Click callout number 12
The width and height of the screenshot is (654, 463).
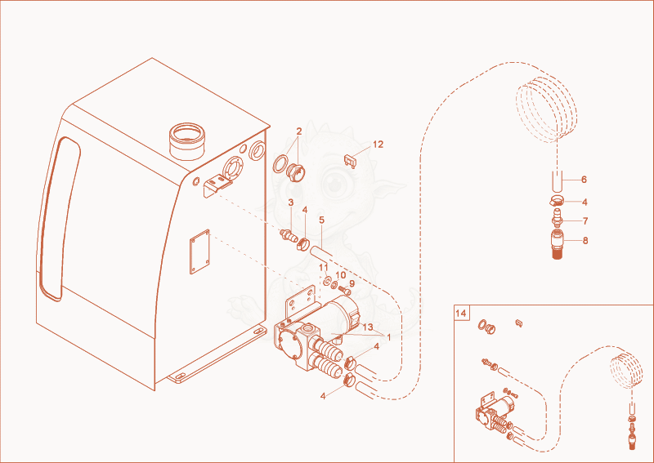pos(378,145)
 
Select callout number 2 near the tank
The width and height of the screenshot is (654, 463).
pos(298,131)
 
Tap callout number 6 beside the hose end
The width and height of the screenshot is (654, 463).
pos(584,180)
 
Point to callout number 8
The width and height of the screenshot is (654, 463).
pos(585,241)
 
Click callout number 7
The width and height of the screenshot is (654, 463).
pos(585,220)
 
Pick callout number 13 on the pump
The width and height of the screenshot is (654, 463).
pos(368,327)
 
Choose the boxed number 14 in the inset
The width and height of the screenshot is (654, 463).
pos(461,313)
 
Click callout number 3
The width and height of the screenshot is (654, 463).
pos(291,203)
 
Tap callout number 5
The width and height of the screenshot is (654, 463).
pos(321,220)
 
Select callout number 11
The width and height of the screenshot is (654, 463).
pos(324,267)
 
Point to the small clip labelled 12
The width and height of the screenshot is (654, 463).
pos(351,160)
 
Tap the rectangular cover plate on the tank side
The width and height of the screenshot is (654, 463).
pos(199,252)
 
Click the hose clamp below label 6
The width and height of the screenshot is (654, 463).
pos(557,200)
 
